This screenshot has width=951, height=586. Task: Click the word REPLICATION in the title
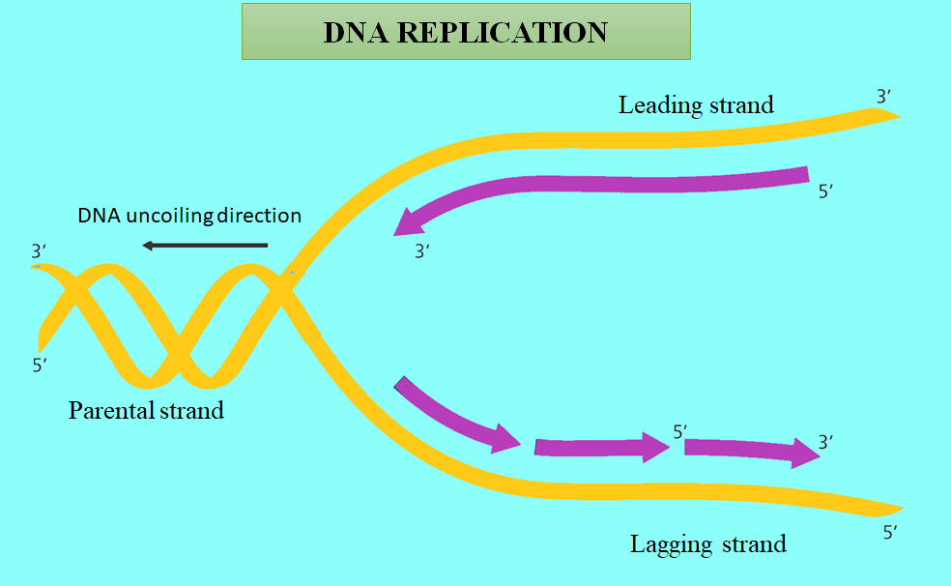(x=503, y=33)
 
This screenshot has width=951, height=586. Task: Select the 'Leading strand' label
(x=696, y=104)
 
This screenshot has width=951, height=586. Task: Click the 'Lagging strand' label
(x=707, y=543)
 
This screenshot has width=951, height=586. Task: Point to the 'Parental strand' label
(x=146, y=410)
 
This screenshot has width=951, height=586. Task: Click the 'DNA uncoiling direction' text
(x=189, y=215)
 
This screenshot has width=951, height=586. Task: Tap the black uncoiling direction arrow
(x=204, y=246)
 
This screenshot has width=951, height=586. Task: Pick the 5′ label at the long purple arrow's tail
(x=826, y=191)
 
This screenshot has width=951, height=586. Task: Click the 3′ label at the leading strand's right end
(x=884, y=97)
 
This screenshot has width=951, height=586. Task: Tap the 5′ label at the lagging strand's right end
(x=891, y=532)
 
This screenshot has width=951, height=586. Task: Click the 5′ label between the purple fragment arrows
(x=679, y=430)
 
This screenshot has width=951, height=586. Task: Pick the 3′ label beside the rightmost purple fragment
(x=826, y=442)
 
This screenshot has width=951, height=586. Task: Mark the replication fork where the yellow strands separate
(x=287, y=283)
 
